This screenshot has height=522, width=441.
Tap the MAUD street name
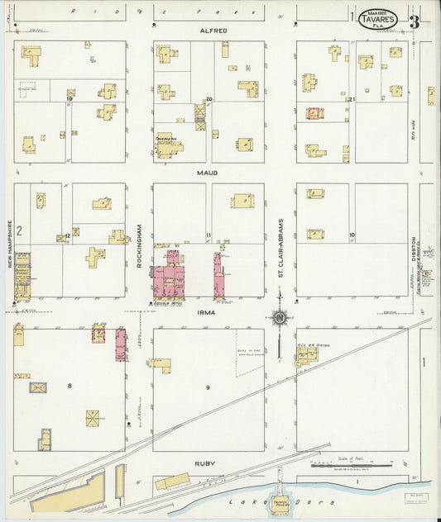207,173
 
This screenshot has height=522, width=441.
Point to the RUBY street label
205,463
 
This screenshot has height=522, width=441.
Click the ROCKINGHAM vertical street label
140,244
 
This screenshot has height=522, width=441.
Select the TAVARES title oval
378,20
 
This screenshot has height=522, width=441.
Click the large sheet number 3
414,21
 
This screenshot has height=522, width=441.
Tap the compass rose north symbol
280,316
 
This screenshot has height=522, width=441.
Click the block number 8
70,386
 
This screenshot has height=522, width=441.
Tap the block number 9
209,387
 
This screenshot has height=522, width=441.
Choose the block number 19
70,99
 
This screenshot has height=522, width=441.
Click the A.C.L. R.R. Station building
306,355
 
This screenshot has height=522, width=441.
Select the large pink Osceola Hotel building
171,278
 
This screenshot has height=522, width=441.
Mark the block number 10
352,235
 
